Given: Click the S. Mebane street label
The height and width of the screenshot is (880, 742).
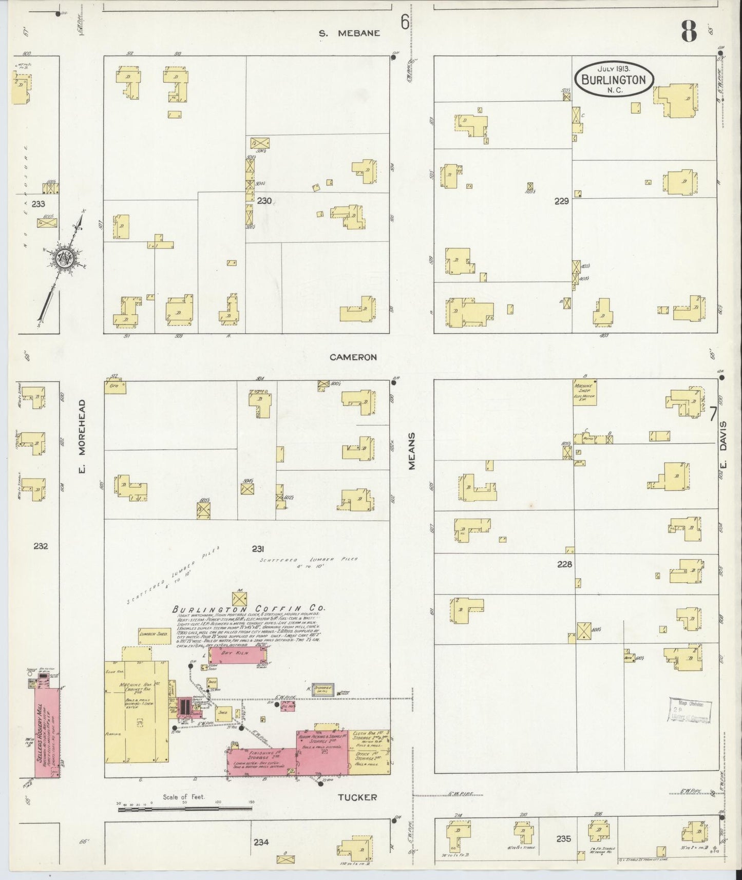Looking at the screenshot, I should [x=349, y=33].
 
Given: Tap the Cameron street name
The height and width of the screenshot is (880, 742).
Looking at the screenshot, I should [x=353, y=357].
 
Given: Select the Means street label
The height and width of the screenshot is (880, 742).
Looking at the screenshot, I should [x=411, y=451].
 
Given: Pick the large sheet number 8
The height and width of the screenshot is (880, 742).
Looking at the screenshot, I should [x=689, y=32].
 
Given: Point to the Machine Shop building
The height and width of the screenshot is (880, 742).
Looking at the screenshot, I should [x=585, y=393].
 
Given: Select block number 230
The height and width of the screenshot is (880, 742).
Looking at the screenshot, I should [x=264, y=201].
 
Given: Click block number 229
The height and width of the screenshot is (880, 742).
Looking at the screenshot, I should [x=561, y=201].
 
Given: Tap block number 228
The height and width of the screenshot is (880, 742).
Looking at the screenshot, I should [x=564, y=564].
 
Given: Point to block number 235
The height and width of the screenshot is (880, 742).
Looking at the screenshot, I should [x=563, y=839].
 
